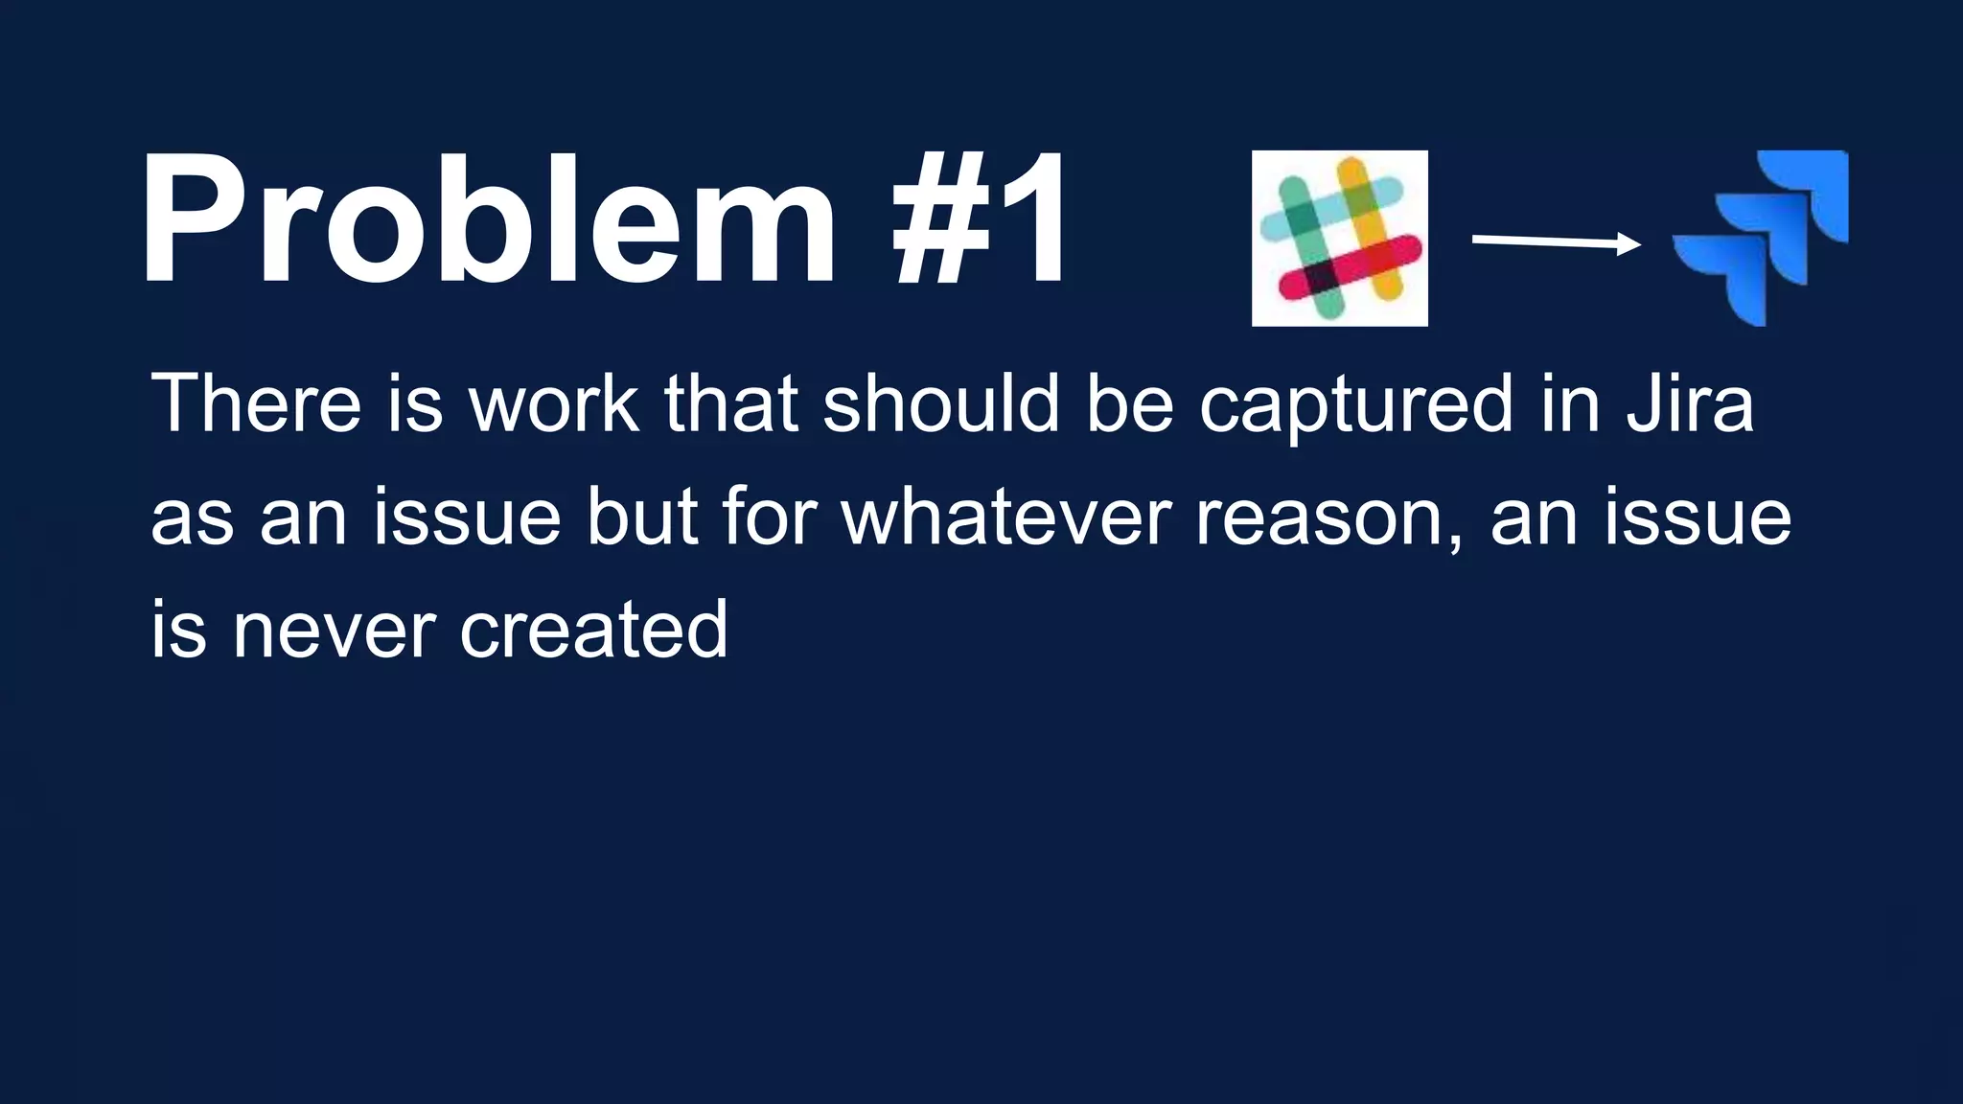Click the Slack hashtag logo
pos(1339,238)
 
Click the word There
pos(256,403)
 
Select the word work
pos(553,403)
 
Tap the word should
pos(940,403)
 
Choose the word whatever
pos(1005,517)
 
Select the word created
pos(593,630)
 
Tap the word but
pos(642,517)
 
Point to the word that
pos(731,403)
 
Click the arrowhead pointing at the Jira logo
pos(1628,244)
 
